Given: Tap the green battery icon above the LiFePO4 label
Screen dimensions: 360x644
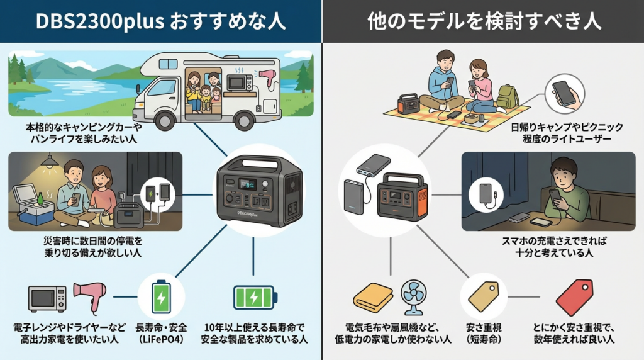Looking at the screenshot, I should coord(161,296).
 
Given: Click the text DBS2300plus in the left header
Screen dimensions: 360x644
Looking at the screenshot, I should coord(101,21).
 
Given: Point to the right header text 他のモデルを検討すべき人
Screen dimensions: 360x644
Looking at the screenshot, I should coord(483,21).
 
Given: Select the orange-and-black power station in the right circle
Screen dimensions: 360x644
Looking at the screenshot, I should coord(402,194).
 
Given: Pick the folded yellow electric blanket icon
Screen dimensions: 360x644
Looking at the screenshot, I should coord(373,297).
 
